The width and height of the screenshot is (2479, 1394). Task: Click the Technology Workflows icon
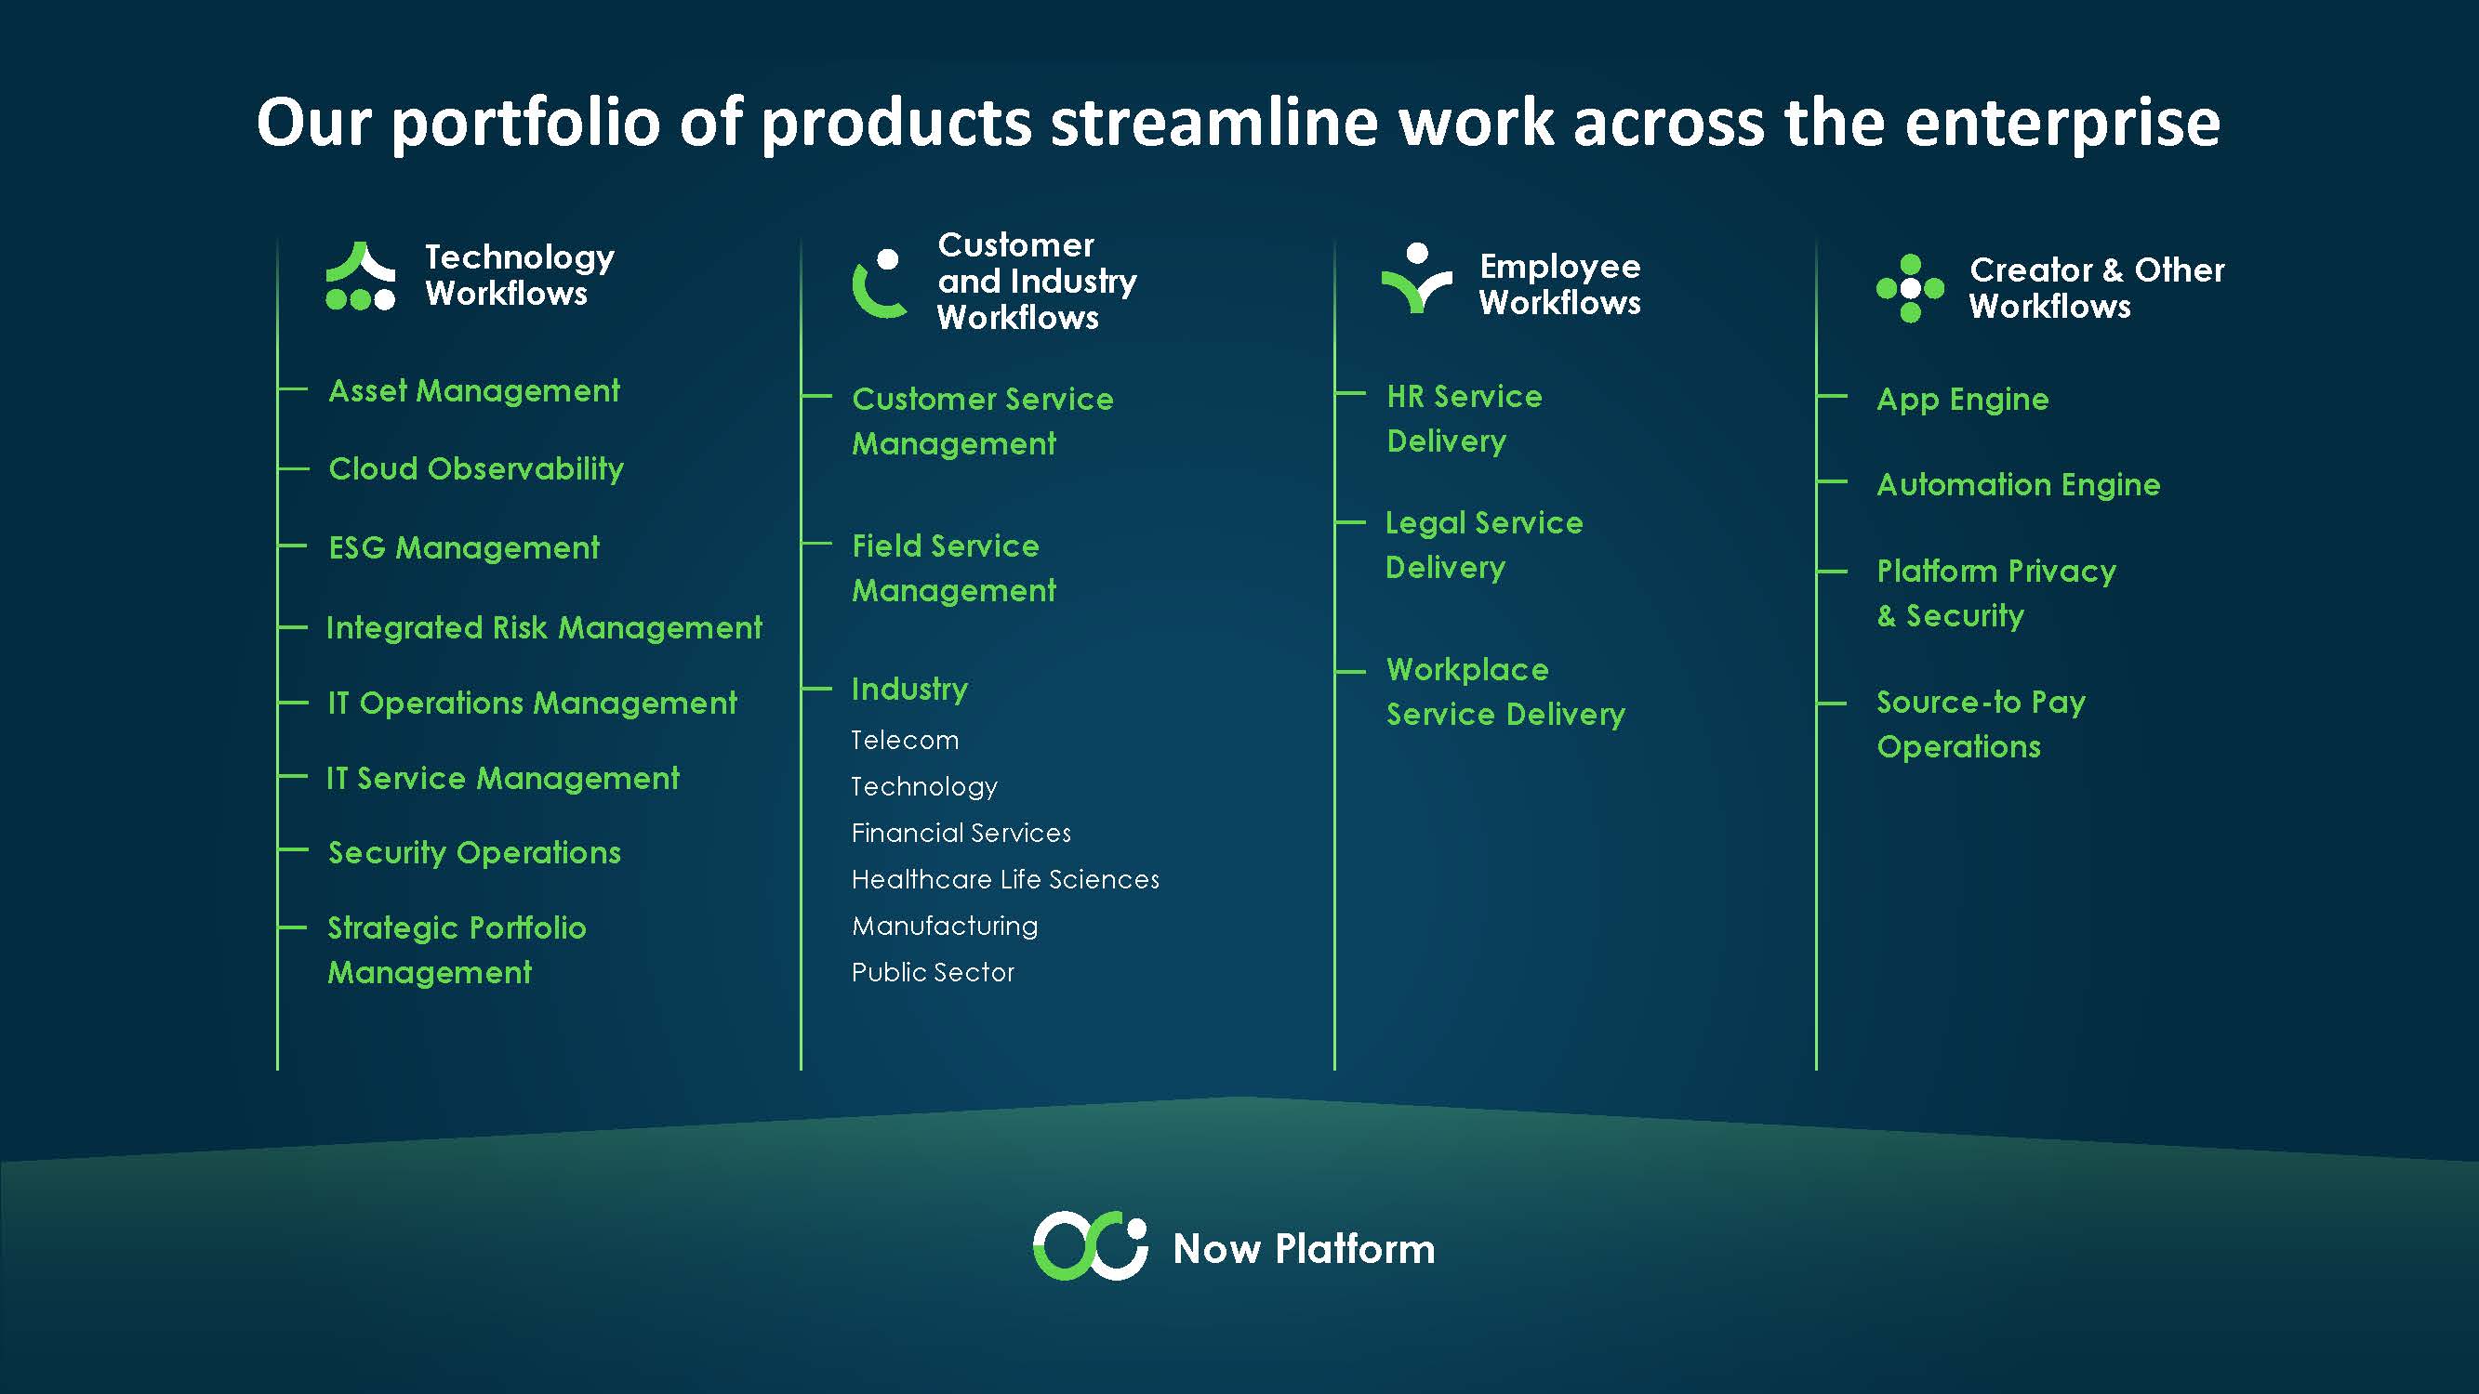point(360,277)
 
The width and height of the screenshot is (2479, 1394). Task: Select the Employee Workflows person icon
point(1416,279)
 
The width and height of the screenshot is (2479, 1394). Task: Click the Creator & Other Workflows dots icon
point(1910,288)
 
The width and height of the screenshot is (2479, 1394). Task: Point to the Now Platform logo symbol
point(1091,1246)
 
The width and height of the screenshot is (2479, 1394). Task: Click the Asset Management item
point(473,390)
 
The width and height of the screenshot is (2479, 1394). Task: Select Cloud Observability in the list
point(475,468)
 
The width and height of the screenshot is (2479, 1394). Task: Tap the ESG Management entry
point(463,547)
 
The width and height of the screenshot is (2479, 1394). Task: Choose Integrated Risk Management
point(544,627)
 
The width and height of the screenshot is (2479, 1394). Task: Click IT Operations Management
point(532,703)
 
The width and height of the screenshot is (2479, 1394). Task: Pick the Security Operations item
point(474,852)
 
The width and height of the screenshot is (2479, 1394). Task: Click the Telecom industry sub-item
point(905,740)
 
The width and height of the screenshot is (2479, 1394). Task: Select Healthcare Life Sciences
point(1004,879)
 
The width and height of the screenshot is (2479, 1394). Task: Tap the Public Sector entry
point(933,973)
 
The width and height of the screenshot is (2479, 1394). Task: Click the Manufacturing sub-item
point(944,926)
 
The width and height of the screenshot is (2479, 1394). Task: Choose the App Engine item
point(1962,400)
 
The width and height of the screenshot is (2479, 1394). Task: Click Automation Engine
point(2018,484)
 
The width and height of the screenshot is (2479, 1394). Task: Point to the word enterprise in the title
point(2061,124)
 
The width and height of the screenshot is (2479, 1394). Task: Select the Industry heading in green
point(909,689)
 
